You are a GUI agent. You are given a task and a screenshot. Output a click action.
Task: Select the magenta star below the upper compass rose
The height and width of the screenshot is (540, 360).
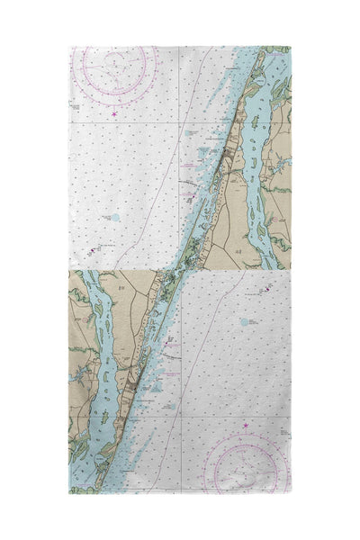click(114, 113)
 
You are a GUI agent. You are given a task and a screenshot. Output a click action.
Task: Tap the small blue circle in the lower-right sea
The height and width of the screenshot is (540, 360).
click(244, 320)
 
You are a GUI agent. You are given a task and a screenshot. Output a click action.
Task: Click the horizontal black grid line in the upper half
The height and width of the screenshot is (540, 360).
click(135, 123)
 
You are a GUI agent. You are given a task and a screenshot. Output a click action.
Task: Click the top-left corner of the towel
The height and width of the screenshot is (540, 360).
click(70, 47)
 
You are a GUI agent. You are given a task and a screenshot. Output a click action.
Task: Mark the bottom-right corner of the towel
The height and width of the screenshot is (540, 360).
click(290, 492)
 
